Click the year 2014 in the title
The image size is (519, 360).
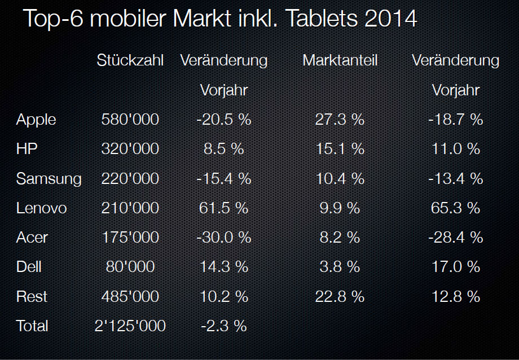[x=391, y=19]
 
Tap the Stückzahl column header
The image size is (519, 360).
[x=130, y=60]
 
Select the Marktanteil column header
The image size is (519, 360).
[x=340, y=60]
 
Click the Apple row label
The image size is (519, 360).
[x=36, y=120]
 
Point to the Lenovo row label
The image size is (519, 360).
[x=41, y=208]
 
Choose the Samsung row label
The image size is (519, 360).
[x=49, y=179]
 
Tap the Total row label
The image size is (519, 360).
[x=33, y=326]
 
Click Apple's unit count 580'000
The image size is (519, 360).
[x=130, y=120]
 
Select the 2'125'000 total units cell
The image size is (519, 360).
[x=130, y=326]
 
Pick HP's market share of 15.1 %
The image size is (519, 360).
[x=340, y=149]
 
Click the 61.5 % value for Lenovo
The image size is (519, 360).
[x=224, y=208]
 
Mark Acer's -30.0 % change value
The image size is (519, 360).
[x=224, y=238]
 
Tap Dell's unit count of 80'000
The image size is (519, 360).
[x=130, y=267]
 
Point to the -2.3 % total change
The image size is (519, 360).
[x=224, y=326]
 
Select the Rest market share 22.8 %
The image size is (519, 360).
[x=340, y=296]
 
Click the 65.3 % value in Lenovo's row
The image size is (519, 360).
[x=455, y=208]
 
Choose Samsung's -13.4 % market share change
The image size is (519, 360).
[x=455, y=179]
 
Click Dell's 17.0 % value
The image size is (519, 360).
[x=455, y=267]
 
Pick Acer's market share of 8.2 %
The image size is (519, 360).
[x=340, y=238]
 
